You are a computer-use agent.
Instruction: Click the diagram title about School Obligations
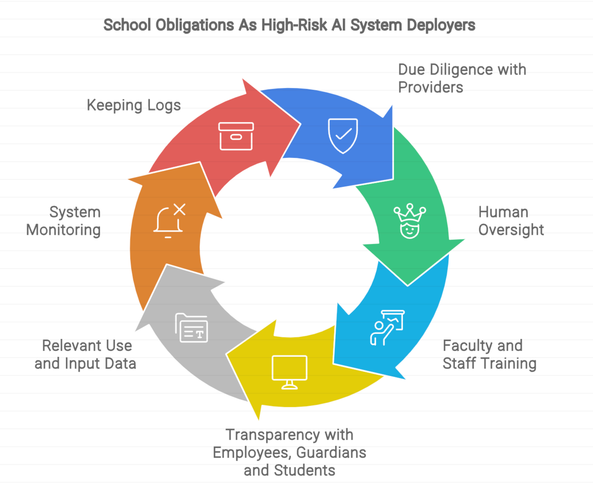[289, 25]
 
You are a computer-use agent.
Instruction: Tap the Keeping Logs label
[134, 105]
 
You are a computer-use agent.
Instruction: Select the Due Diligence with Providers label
[462, 78]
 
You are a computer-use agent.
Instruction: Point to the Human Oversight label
[511, 221]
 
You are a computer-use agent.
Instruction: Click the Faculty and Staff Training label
[489, 354]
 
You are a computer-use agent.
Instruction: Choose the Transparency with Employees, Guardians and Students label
[289, 452]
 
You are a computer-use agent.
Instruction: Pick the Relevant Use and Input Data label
[86, 354]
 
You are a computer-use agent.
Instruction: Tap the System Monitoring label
[64, 221]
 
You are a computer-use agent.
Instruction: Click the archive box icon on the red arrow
[236, 136]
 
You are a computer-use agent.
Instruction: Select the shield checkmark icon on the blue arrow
[343, 135]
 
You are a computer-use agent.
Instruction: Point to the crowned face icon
[409, 221]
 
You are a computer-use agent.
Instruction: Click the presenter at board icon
[387, 327]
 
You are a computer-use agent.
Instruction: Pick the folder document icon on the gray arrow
[192, 328]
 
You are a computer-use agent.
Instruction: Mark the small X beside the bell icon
[180, 209]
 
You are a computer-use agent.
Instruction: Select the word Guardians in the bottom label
[331, 452]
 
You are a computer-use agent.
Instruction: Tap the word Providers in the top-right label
[431, 87]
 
